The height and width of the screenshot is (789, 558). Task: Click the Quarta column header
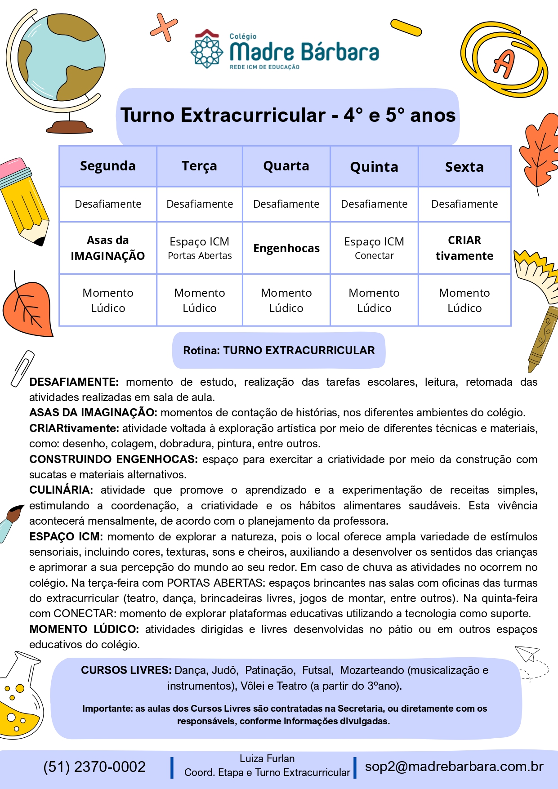[286, 166]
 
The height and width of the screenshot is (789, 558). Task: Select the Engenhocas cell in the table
[286, 248]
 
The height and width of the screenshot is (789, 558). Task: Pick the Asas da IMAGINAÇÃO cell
[108, 248]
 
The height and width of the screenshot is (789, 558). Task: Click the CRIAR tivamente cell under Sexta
[464, 248]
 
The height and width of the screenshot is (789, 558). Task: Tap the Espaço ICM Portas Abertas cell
[200, 248]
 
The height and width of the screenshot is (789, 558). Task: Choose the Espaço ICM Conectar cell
[374, 248]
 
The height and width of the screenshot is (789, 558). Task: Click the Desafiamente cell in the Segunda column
[108, 204]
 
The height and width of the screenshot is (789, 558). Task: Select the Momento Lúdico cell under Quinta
[374, 300]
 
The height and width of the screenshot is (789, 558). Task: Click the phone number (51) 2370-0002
[94, 767]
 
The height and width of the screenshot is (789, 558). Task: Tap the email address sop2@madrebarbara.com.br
[454, 767]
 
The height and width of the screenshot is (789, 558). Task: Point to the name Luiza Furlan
[267, 759]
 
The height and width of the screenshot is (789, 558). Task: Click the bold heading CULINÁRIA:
[61, 490]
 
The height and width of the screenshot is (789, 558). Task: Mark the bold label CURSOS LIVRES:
[126, 670]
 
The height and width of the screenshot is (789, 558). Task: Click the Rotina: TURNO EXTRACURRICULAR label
[279, 351]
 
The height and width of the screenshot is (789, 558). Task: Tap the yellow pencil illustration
[25, 200]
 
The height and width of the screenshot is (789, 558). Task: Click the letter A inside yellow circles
[504, 63]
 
